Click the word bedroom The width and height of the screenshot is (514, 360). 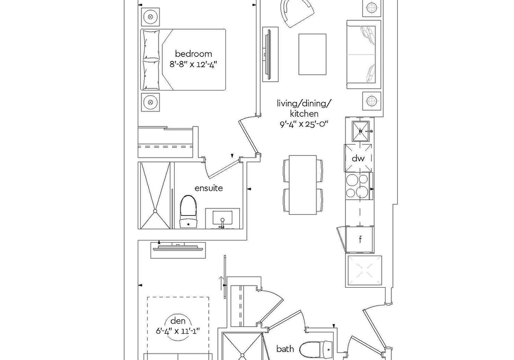tap(193, 54)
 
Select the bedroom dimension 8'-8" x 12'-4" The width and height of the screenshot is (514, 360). tap(193, 64)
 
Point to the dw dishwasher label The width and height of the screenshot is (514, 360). tap(358, 159)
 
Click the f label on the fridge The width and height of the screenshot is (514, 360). tap(360, 239)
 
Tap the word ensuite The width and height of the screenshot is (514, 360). tap(208, 188)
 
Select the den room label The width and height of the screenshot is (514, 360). tap(178, 321)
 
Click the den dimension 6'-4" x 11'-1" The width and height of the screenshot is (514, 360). tap(178, 331)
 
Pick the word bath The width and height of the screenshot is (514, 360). tap(285, 349)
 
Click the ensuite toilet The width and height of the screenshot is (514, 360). tap(188, 212)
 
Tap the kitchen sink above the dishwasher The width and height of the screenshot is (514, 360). tap(360, 131)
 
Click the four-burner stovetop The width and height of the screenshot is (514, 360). tap(358, 186)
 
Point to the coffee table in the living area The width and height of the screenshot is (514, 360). tap(312, 54)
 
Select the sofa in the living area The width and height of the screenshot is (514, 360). tap(364, 55)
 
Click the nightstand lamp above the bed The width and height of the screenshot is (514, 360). tap(150, 17)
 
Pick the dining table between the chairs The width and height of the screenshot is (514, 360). tap(303, 185)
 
